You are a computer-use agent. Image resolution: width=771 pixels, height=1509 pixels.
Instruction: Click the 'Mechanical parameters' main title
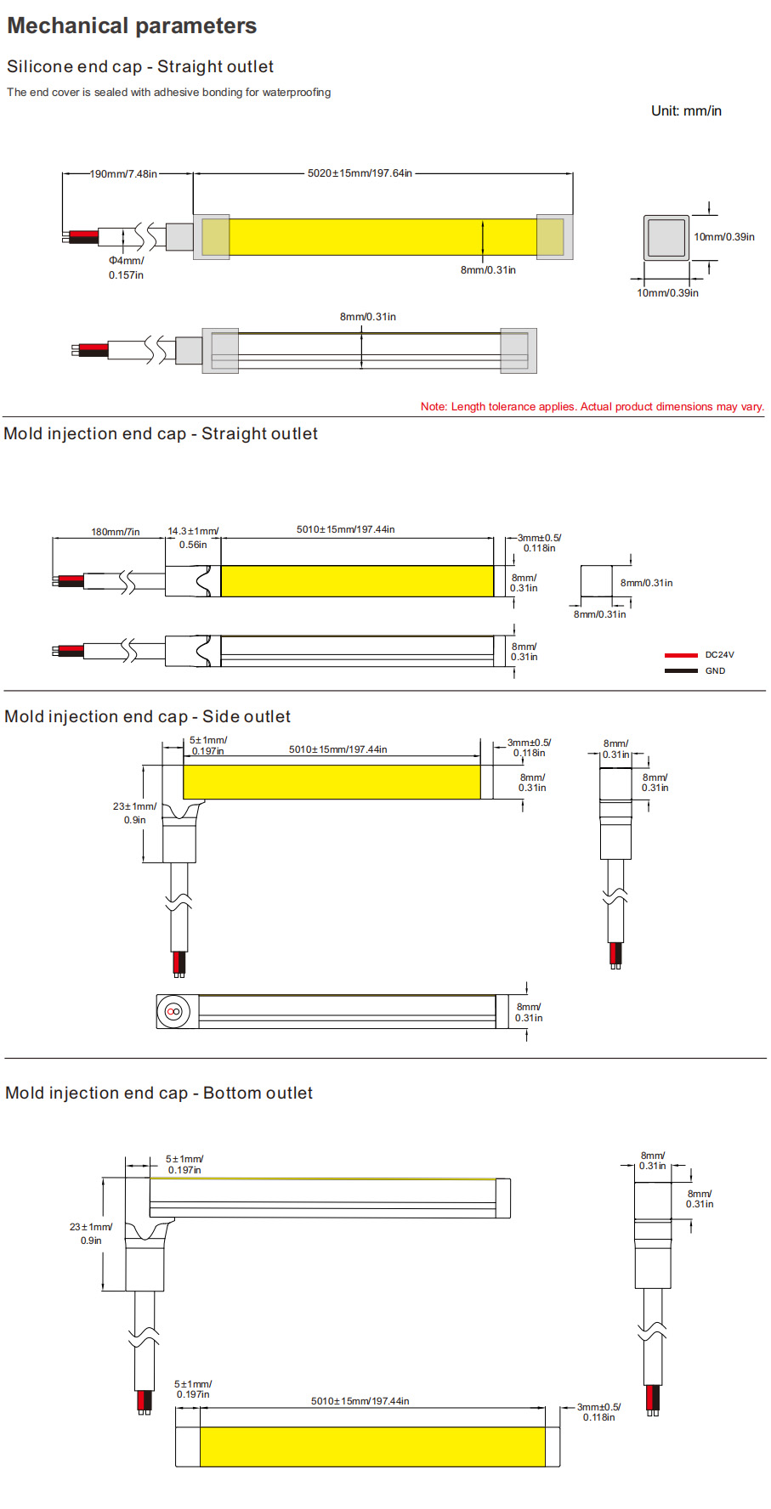click(132, 26)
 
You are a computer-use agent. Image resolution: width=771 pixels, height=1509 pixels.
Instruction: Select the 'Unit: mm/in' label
click(686, 111)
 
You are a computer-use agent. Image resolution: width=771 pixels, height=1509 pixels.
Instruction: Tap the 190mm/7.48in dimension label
click(123, 174)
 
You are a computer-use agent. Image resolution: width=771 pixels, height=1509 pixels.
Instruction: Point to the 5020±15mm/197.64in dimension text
click(360, 173)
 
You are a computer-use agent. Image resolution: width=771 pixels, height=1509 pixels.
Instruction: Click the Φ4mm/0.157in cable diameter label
click(126, 268)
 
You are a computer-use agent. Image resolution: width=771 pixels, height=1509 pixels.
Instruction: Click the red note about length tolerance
click(592, 407)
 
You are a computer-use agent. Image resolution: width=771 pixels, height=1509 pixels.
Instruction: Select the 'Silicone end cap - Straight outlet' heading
click(140, 67)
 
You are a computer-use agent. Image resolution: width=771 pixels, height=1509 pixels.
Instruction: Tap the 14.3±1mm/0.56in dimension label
click(193, 538)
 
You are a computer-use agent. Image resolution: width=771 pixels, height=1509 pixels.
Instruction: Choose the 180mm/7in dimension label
click(116, 532)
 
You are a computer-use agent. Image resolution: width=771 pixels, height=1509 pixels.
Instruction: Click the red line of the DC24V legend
click(681, 655)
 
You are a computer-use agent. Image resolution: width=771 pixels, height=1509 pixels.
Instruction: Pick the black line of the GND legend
click(681, 671)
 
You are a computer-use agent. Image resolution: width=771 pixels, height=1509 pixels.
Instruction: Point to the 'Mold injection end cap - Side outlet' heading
click(148, 717)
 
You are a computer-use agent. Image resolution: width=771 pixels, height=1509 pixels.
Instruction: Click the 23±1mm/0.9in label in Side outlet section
click(134, 813)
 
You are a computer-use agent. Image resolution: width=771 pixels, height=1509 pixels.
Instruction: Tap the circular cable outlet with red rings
click(174, 1011)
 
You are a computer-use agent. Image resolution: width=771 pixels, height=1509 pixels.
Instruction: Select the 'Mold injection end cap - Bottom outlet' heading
click(159, 1094)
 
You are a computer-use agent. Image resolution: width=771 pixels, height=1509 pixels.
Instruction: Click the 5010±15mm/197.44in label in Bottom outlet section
click(360, 1401)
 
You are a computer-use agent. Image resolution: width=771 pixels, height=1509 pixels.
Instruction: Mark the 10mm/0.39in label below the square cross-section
click(667, 293)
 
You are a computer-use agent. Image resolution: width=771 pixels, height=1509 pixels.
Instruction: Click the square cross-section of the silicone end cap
click(666, 238)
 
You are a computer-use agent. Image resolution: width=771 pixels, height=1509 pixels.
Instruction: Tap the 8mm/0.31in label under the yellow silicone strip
click(488, 270)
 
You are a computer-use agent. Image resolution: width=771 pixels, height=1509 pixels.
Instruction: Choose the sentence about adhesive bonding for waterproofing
click(169, 93)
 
